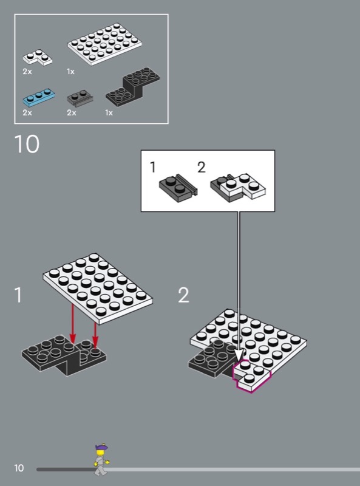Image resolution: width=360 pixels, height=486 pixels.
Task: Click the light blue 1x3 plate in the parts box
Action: click(39, 98)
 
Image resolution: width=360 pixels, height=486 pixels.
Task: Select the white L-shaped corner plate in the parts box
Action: click(37, 58)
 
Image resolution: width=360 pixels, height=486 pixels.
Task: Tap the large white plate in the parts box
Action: click(104, 44)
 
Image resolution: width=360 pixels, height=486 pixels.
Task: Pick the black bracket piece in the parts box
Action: click(133, 87)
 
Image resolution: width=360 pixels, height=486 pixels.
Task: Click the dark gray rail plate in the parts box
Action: click(80, 98)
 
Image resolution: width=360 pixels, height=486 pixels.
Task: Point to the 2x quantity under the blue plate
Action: click(27, 112)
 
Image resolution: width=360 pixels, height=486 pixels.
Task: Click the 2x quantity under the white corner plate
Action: click(27, 72)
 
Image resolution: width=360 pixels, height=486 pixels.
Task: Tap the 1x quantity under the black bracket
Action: click(109, 113)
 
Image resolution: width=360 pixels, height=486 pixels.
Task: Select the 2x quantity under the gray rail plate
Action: click(72, 112)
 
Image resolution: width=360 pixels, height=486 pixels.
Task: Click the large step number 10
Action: click(27, 144)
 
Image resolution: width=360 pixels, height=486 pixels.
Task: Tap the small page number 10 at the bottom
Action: click(19, 468)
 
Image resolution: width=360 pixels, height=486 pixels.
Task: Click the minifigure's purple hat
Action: click(101, 447)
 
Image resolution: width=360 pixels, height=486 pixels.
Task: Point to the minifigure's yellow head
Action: click(100, 453)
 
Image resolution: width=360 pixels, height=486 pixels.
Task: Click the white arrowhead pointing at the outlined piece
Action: click(239, 355)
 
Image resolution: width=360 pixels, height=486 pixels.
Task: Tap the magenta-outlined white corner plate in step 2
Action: click(251, 375)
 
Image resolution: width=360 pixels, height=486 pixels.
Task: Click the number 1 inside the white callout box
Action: click(152, 167)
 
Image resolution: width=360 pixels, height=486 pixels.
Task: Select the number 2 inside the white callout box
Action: click(202, 168)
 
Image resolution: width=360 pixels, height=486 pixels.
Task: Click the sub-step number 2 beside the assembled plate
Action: click(183, 295)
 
